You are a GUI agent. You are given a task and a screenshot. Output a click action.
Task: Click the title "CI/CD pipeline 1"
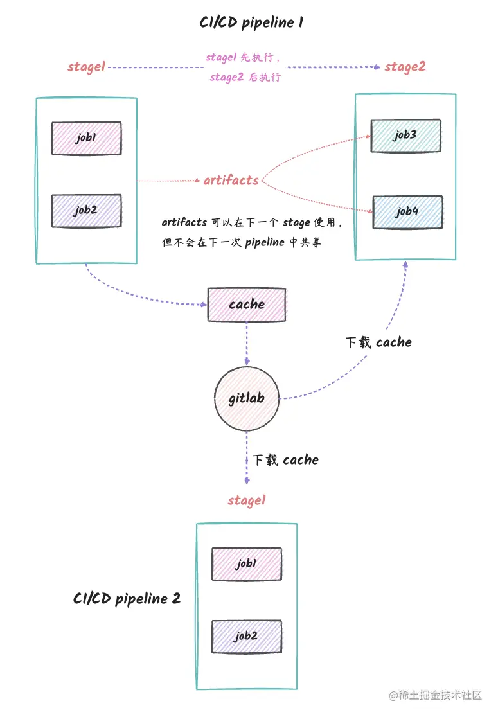(x=251, y=23)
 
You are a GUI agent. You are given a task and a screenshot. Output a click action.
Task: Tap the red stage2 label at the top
(x=405, y=67)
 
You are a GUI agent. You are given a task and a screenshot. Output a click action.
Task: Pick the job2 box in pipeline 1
(x=87, y=211)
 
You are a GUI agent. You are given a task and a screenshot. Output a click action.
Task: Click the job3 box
(x=406, y=136)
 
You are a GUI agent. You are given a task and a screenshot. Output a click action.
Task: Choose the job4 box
(x=407, y=212)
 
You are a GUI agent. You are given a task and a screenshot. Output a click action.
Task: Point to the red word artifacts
(x=231, y=181)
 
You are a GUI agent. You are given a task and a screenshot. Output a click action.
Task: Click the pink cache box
(x=247, y=305)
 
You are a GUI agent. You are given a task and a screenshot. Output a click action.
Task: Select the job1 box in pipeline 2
(x=247, y=564)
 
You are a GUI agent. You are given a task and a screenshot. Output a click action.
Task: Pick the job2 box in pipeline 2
(x=247, y=637)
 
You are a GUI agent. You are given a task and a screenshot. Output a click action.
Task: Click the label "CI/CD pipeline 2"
(x=127, y=599)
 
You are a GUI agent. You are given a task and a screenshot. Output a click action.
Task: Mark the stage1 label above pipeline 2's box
(x=246, y=500)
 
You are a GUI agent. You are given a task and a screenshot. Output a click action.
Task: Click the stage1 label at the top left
(x=86, y=67)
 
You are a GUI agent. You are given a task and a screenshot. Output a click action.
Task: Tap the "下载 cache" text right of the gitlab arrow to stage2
(x=378, y=342)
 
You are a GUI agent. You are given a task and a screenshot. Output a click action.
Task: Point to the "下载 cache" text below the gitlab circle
(x=285, y=460)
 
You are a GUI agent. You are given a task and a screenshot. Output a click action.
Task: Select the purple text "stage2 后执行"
(x=245, y=78)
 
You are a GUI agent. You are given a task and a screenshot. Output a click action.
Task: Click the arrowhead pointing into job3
(x=368, y=136)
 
